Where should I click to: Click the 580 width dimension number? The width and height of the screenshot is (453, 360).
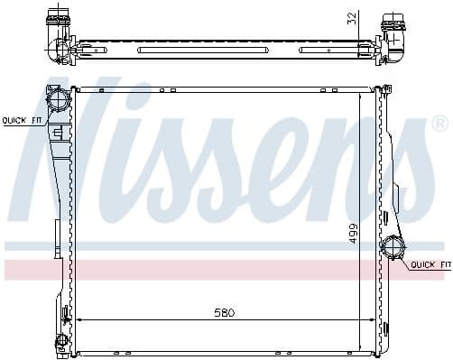(x=224, y=312)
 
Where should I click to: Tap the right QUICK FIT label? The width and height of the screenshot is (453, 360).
(x=430, y=264)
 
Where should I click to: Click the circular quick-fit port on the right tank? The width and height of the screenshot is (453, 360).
(x=393, y=246)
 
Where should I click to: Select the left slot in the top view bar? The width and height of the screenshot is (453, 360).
(x=172, y=50)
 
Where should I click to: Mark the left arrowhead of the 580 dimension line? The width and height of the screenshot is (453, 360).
(x=79, y=319)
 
